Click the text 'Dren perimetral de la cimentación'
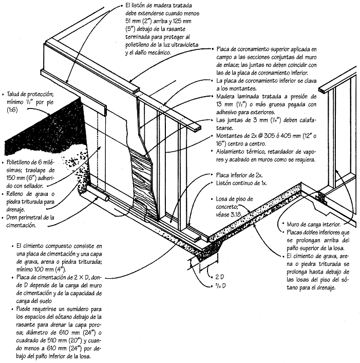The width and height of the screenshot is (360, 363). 30,221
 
